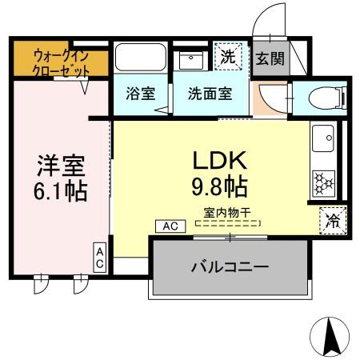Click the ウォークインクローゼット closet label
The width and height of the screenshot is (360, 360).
61,62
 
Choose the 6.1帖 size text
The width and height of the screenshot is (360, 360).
60,191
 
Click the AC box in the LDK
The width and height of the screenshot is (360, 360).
169,226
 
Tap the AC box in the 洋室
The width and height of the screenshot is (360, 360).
101,257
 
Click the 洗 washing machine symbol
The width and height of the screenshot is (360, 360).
229,58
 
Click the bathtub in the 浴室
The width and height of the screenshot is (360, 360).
139,58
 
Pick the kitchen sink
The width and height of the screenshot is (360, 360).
325,142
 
